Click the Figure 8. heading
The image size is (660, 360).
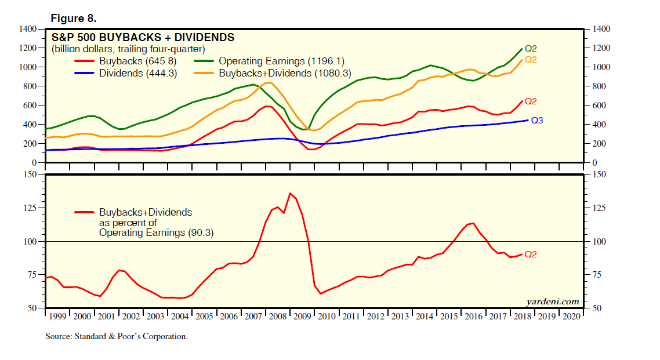click(x=74, y=18)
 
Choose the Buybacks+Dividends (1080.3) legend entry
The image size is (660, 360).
click(x=285, y=73)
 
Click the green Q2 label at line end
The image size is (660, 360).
click(x=531, y=49)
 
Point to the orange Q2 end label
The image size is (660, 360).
click(x=531, y=60)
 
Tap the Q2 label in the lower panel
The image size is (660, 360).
click(x=531, y=254)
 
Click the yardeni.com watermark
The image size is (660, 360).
click(x=552, y=301)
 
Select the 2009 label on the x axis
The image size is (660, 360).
click(x=302, y=316)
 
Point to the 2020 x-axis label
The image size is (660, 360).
click(x=570, y=316)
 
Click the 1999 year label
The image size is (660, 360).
click(x=57, y=316)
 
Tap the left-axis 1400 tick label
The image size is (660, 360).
click(x=28, y=29)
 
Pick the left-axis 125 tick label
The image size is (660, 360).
click(x=30, y=208)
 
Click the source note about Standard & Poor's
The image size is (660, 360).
click(x=117, y=336)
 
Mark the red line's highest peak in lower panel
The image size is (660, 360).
click(x=290, y=193)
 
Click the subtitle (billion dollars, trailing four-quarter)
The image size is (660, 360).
click(x=128, y=49)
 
